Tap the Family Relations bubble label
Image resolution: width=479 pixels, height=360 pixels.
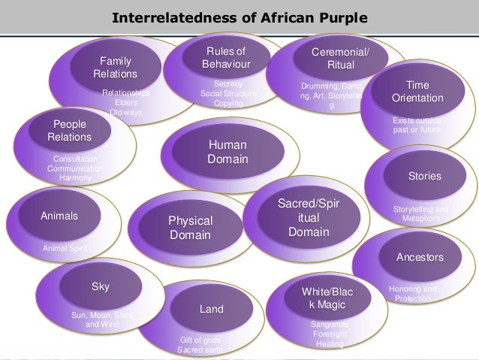[x=115, y=67]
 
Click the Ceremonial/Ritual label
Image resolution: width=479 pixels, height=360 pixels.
[x=340, y=58]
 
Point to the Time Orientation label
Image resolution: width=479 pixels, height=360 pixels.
[x=417, y=92]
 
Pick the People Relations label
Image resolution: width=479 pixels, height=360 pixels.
[x=69, y=131]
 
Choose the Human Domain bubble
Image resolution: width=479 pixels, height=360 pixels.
[x=227, y=151]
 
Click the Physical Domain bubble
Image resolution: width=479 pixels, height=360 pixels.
[x=190, y=228]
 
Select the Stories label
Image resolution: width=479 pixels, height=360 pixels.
[x=424, y=176]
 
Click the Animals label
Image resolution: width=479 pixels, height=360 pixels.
[x=59, y=216]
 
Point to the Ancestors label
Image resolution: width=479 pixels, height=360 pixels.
[x=420, y=257]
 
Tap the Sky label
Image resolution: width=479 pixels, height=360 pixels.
[x=101, y=286]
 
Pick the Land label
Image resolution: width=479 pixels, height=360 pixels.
[x=211, y=309]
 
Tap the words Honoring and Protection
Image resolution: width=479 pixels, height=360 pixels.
[x=412, y=294]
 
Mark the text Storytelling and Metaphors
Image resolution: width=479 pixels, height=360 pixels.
[x=420, y=213]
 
